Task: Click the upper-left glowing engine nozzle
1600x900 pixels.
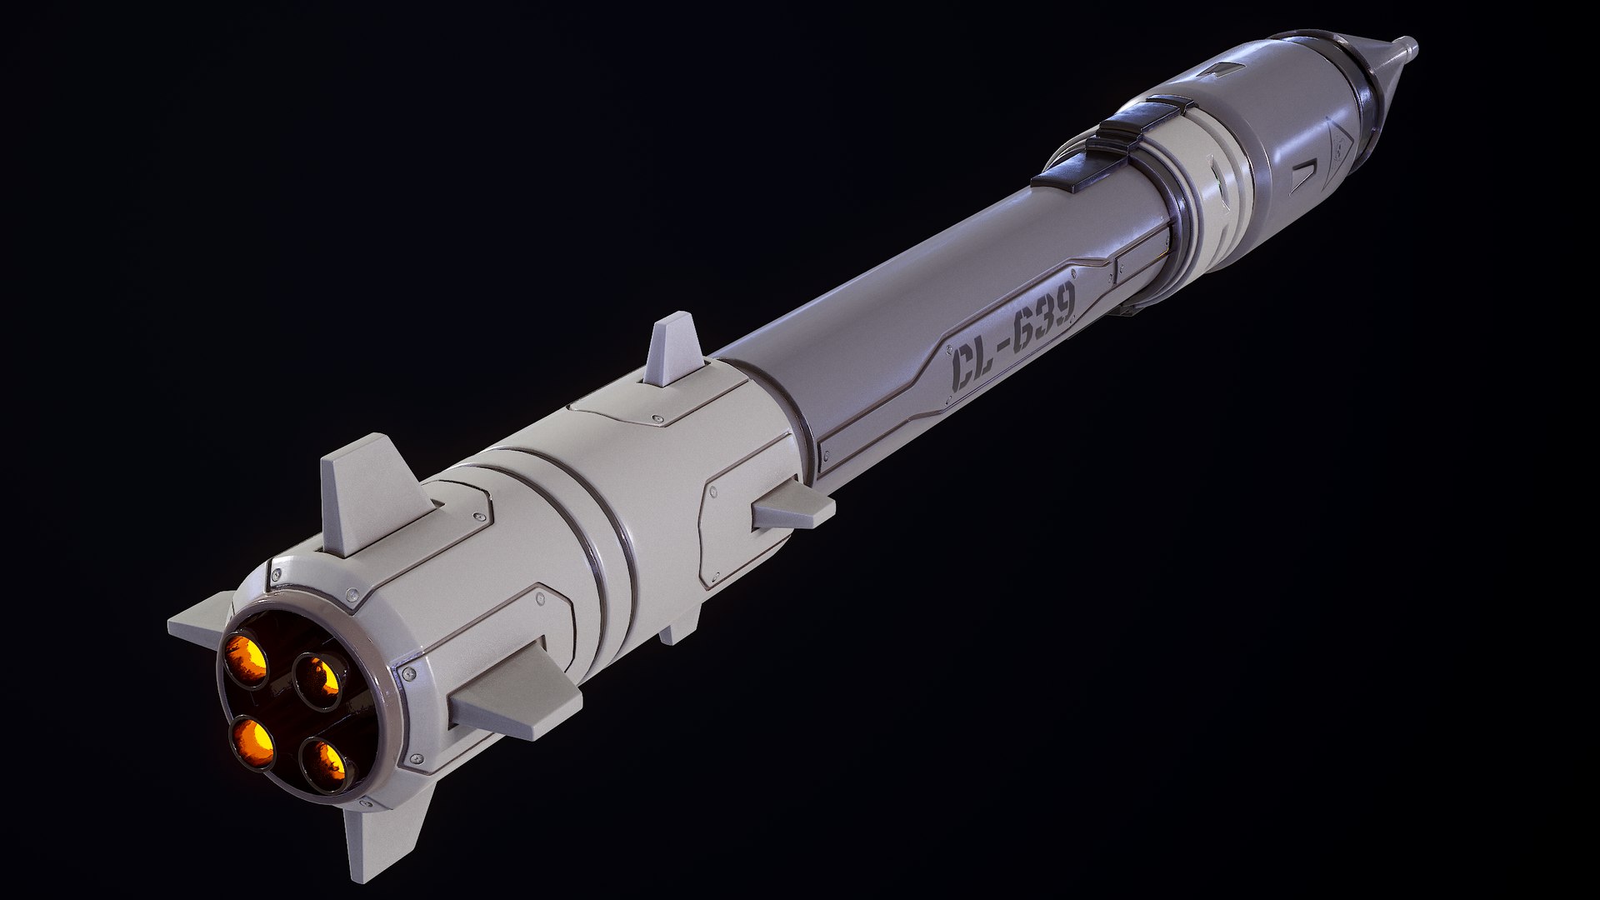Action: pos(247,658)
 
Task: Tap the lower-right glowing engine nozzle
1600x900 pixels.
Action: pos(326,763)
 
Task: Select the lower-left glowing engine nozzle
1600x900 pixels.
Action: pos(254,742)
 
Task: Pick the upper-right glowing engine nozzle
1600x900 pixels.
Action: pos(319,679)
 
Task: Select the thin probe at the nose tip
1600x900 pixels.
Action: pos(1403,47)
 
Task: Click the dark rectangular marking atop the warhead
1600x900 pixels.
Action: pos(1223,68)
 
